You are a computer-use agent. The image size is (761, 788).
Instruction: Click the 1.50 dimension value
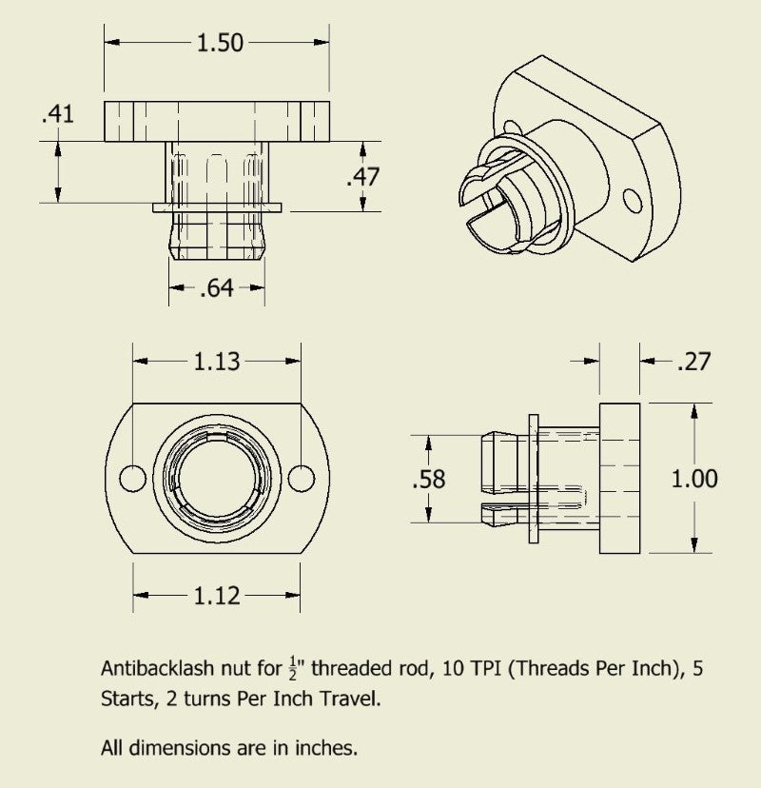click(219, 42)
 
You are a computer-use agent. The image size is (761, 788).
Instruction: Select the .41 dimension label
click(57, 114)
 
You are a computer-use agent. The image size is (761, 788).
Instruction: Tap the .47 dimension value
click(362, 177)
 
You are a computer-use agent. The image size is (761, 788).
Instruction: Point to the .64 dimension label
click(217, 287)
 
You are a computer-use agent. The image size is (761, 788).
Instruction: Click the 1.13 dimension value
click(217, 362)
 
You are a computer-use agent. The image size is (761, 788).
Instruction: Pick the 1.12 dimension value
click(217, 596)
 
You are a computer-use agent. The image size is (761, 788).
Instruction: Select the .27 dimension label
click(694, 362)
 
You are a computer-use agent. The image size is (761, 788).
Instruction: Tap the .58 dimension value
click(428, 480)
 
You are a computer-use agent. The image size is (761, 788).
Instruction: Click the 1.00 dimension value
click(694, 479)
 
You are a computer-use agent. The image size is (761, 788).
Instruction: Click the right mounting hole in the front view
click(301, 478)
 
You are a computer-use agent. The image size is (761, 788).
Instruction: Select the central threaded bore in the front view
click(217, 478)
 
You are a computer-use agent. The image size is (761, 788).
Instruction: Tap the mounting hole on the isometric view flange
click(633, 200)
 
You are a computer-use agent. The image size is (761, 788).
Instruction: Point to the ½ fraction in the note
click(292, 669)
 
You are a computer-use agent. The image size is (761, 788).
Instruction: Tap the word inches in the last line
click(327, 748)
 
